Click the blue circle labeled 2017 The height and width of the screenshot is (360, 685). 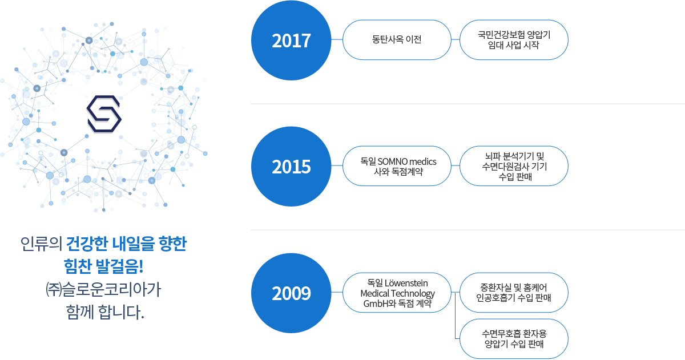291,41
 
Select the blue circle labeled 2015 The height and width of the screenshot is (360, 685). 291,167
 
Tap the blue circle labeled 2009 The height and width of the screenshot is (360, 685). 291,293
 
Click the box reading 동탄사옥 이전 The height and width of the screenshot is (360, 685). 397,40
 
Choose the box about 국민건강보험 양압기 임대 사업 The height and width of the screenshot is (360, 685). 514,40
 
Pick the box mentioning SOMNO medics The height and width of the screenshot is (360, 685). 397,166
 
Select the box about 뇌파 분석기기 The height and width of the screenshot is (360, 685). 514,166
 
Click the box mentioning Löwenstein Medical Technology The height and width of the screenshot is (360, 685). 397,293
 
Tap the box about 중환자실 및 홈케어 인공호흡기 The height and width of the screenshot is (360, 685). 514,293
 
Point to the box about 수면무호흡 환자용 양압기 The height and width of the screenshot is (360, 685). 514,339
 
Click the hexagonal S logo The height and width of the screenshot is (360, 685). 104,114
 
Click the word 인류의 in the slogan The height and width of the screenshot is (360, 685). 41,244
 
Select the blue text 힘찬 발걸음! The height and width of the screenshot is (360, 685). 103,266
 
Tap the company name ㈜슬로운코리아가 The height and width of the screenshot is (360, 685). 103,289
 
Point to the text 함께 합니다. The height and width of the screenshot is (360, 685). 105,312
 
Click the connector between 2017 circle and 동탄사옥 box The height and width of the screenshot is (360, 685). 337,39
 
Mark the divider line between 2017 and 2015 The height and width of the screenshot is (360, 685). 468,104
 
